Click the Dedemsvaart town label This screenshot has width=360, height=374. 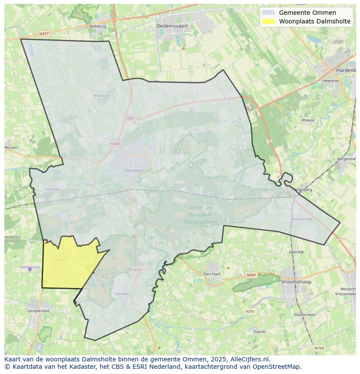click(x=172, y=26)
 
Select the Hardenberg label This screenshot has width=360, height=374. click(x=346, y=70)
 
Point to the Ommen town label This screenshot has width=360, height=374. click(x=133, y=171)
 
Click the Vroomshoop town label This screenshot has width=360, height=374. click(x=296, y=282)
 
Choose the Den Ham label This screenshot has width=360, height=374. click(x=212, y=274)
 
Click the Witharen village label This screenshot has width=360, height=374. click(x=101, y=96)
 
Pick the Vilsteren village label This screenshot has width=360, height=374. click(x=52, y=189)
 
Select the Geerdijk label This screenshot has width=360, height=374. click(x=296, y=252)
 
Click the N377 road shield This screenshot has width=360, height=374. click(x=43, y=33)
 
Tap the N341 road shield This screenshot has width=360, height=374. click(x=251, y=275)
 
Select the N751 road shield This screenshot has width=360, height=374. click(x=250, y=311)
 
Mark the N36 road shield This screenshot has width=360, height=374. click(x=130, y=118)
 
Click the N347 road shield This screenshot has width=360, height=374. click(x=137, y=270)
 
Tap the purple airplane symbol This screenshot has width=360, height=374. click(x=30, y=269)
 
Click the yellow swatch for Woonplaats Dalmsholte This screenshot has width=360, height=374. click(x=269, y=21)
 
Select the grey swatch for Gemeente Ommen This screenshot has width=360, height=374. click(x=269, y=13)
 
